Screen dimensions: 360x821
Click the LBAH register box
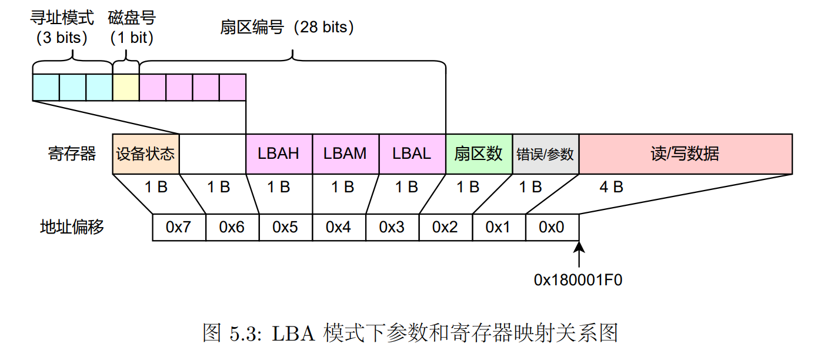[279, 154]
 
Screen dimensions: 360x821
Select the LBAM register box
[345, 154]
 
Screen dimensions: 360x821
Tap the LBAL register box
[412, 154]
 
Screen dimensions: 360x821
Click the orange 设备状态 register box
[145, 154]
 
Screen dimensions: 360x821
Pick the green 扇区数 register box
[479, 154]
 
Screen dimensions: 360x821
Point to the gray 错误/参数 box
[545, 154]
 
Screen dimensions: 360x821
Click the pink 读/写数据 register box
[685, 154]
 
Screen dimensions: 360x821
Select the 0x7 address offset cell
[179, 227]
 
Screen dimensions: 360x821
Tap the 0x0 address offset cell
[552, 227]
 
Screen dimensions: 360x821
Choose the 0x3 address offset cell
[392, 227]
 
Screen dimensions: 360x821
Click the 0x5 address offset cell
[285, 227]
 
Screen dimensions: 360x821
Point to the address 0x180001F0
[578, 280]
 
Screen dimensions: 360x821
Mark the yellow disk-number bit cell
[126, 87]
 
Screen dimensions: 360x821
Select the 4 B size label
[611, 187]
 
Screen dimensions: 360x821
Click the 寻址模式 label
[62, 16]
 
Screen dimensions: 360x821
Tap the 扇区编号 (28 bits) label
[287, 27]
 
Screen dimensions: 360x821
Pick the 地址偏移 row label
[72, 227]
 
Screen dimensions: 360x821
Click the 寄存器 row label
[72, 154]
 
